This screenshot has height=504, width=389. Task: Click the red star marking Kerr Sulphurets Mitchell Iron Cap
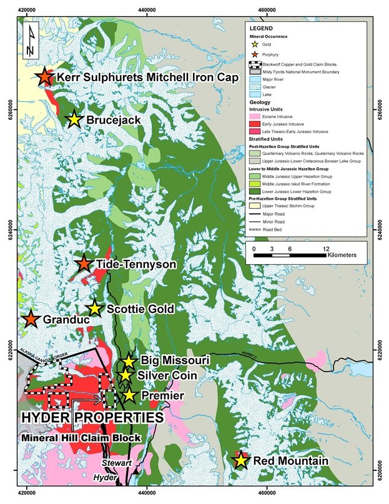pos(44,77)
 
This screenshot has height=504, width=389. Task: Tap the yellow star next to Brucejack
pos(74,119)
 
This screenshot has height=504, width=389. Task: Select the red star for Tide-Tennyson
pos(84,264)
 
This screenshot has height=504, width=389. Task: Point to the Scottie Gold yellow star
pos(94,309)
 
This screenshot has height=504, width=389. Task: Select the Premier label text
pos(162,396)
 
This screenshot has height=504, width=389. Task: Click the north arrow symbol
pos(31,41)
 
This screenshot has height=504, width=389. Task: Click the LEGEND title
pos(262,29)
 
